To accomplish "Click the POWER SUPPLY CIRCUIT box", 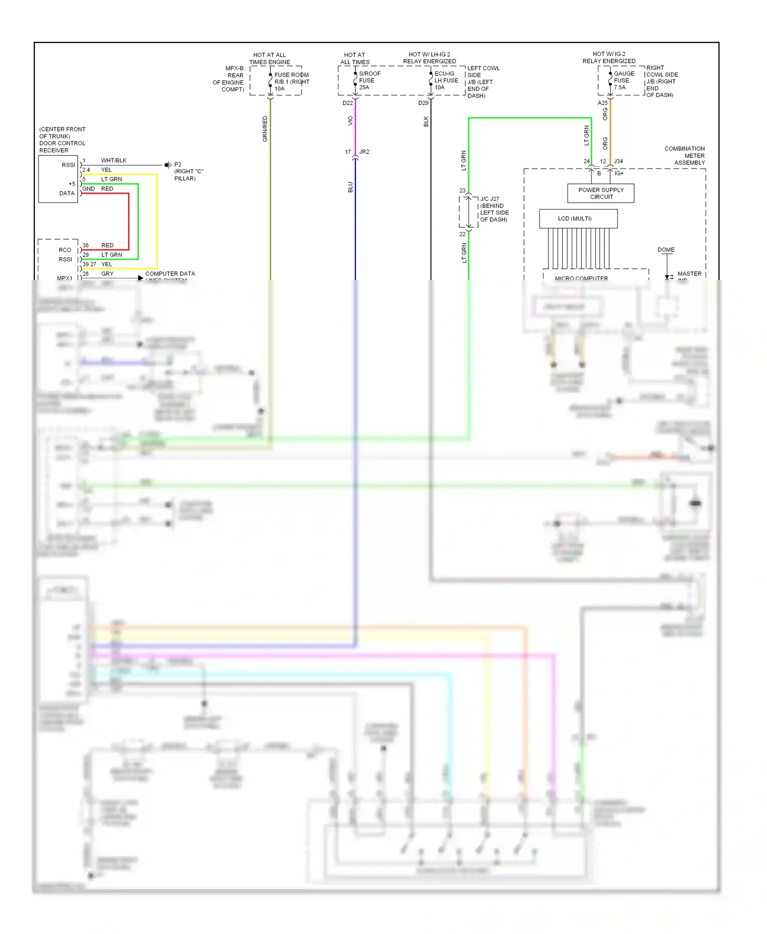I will [600, 193].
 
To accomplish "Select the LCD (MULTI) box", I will [578, 219].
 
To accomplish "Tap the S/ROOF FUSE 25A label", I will [369, 80].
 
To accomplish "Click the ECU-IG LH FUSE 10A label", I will [446, 80].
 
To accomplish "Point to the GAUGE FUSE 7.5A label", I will [624, 80].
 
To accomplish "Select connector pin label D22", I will [347, 103].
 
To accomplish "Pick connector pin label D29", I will [423, 103].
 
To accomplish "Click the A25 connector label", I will [602, 103].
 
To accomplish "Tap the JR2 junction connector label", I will [364, 152].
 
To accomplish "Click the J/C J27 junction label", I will [489, 199].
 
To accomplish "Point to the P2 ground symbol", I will [167, 165].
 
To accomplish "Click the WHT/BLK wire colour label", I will [114, 160].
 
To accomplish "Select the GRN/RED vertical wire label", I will [265, 129].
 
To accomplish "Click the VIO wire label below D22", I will [350, 121].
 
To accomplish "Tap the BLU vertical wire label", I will [350, 187].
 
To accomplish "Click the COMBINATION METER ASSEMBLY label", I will [685, 155].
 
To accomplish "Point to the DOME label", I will [666, 250].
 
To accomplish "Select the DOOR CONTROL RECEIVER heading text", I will [62, 140].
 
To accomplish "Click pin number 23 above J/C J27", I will [462, 191].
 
